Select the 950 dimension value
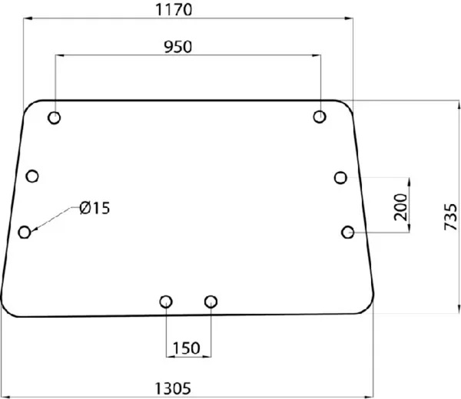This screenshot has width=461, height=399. point(178,47)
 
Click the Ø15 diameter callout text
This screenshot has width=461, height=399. point(95,207)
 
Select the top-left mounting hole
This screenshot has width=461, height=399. point(55,117)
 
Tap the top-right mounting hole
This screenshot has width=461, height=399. point(320,117)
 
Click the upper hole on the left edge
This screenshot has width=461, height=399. point(32,176)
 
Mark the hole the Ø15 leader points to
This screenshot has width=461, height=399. point(25,232)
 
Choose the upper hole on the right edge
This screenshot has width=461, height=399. point(341,177)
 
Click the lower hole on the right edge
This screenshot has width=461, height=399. point(348,231)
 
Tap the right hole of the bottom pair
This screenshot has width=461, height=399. point(211,302)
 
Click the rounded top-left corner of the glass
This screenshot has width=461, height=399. point(29,106)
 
